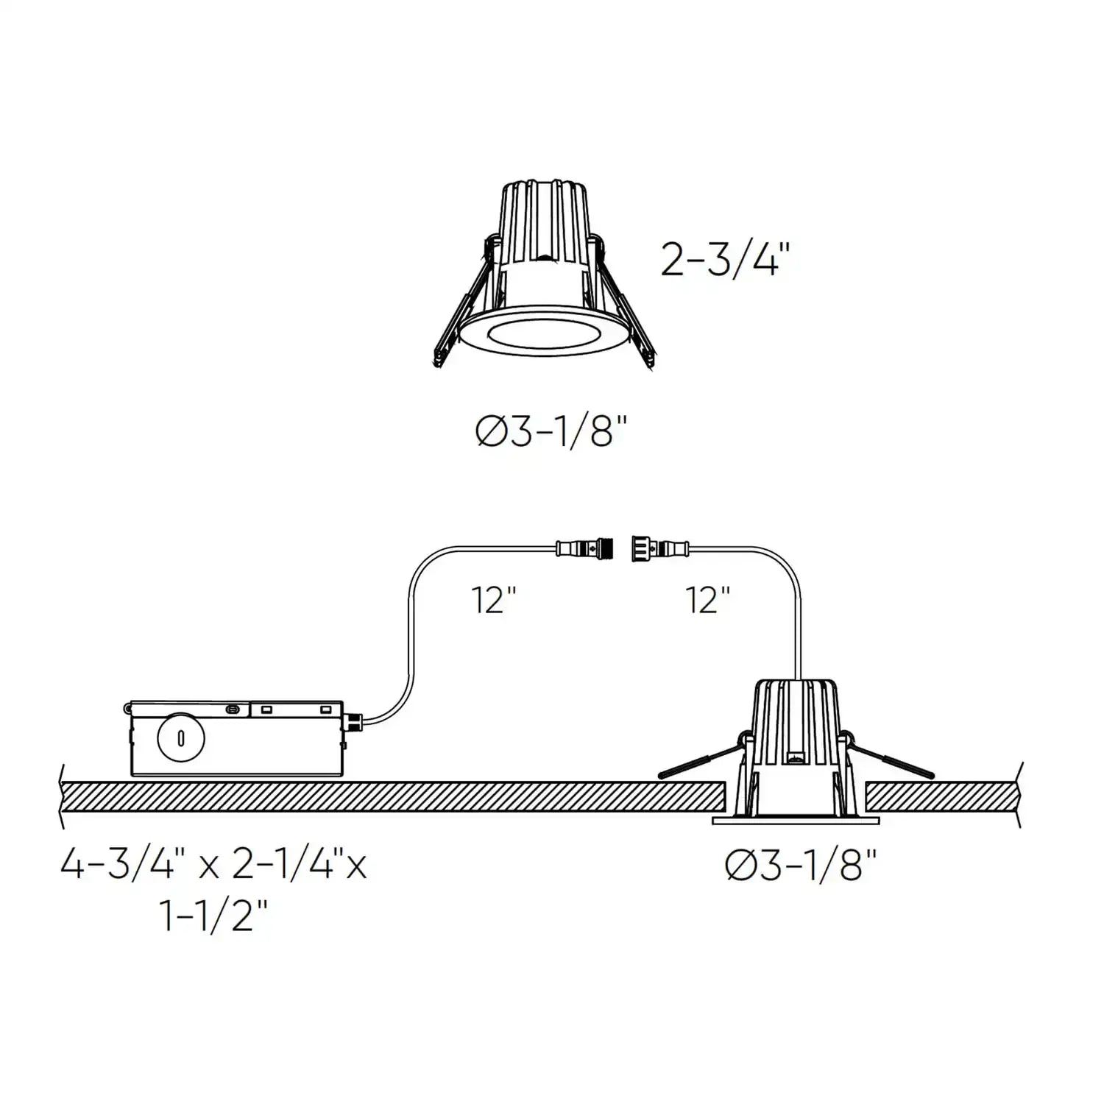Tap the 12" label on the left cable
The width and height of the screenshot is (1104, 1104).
(x=493, y=600)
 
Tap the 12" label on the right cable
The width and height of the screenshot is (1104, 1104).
(x=708, y=600)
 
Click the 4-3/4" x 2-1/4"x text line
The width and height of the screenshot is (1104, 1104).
(x=213, y=865)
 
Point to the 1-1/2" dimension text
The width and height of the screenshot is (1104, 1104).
(x=213, y=916)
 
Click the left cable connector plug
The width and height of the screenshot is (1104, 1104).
(x=586, y=548)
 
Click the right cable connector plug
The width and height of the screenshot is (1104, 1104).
(x=658, y=548)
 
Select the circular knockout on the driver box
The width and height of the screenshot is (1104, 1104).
(x=180, y=738)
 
